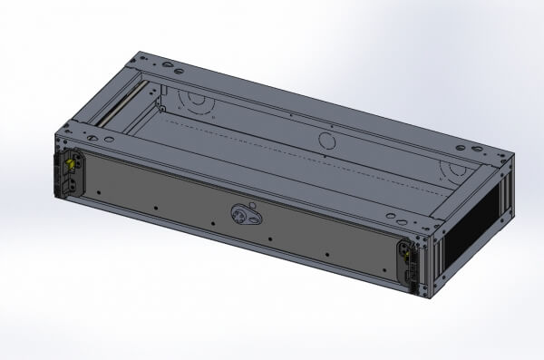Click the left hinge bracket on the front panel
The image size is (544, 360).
click(x=73, y=173)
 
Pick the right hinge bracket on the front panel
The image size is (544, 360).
click(x=408, y=264)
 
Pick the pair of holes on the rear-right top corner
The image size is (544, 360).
click(x=471, y=147)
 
